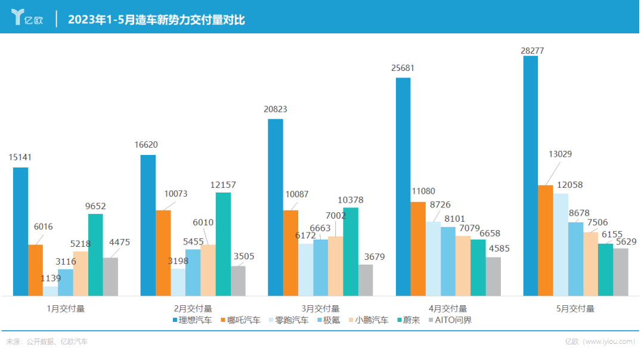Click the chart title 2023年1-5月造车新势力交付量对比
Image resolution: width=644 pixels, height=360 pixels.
point(156,20)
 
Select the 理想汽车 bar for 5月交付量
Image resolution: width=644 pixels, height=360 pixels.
point(530,176)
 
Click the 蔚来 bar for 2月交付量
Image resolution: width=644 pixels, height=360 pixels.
point(223,244)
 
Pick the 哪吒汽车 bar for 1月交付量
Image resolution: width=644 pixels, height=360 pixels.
point(36,270)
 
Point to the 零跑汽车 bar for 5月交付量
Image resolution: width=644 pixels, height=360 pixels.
point(561,244)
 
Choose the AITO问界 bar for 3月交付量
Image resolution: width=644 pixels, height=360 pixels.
point(366,280)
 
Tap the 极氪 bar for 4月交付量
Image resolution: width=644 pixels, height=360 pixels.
point(448,261)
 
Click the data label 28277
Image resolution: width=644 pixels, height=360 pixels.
point(532,51)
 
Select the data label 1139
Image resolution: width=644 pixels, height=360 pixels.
point(51,278)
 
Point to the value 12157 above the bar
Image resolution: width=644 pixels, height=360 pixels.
point(223,185)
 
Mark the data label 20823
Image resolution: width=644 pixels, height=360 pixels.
point(275,109)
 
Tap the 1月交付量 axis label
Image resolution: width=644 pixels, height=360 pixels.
point(66,309)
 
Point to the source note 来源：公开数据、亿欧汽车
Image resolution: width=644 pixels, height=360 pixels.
point(47,342)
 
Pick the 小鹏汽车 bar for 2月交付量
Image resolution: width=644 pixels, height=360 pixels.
point(208,270)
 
